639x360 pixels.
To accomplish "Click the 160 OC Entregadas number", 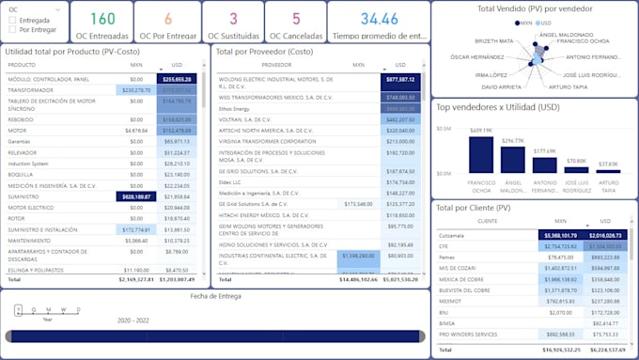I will [102, 19].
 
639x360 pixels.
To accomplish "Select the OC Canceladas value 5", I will [296, 19].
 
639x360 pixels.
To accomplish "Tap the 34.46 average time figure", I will [379, 19].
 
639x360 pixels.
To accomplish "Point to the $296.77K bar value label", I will [513, 141].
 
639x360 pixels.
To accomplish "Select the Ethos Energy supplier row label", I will [235, 109].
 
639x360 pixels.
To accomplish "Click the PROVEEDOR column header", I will [276, 65].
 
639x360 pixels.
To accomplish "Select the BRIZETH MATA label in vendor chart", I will [494, 41].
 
